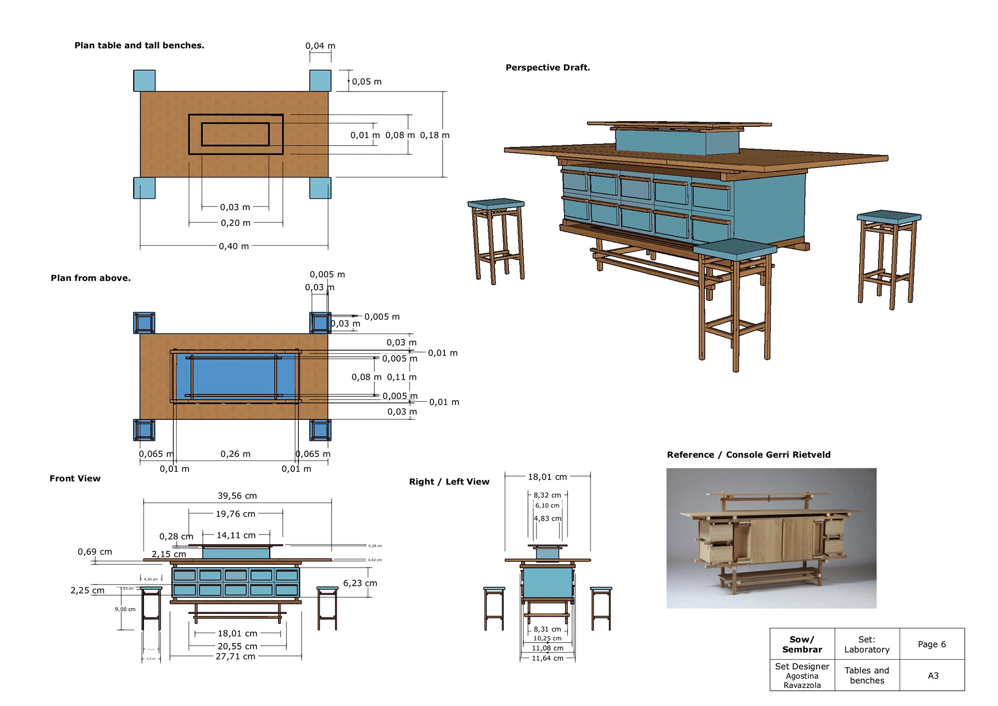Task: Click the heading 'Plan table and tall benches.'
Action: [139, 45]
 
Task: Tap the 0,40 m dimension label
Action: [234, 246]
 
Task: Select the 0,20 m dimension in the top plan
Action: [235, 223]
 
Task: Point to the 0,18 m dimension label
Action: [435, 135]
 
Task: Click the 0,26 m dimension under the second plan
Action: [235, 454]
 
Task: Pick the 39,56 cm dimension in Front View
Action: [237, 496]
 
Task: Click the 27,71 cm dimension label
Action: [235, 657]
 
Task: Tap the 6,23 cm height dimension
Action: [360, 583]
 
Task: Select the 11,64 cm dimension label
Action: [547, 658]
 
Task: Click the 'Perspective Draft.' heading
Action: [547, 68]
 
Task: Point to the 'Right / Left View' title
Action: [449, 482]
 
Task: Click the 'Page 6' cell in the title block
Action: [931, 644]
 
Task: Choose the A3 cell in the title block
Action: [933, 676]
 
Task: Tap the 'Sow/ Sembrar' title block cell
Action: [802, 644]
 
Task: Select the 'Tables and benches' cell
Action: [866, 675]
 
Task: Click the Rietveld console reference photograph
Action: [771, 538]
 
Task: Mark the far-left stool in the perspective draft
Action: [497, 240]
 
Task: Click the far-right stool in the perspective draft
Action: [888, 257]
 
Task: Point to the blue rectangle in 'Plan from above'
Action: [234, 377]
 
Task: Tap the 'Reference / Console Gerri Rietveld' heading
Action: [748, 455]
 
